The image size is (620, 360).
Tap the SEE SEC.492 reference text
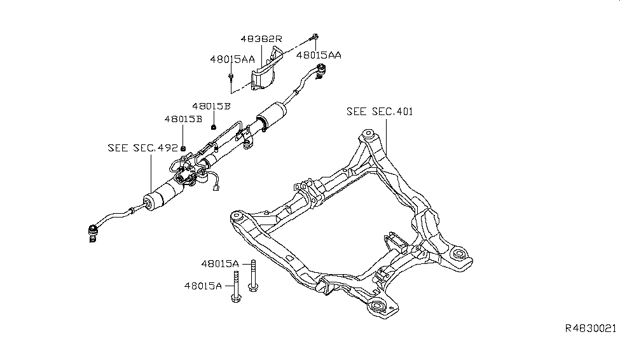click(x=142, y=148)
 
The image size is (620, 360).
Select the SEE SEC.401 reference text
click(x=380, y=111)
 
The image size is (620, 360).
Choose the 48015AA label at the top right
click(x=319, y=55)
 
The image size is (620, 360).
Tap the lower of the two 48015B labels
click(x=183, y=119)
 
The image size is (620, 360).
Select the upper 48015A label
click(x=220, y=263)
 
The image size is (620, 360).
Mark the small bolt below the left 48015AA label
click(x=231, y=78)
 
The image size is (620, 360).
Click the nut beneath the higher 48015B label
click(x=214, y=120)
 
